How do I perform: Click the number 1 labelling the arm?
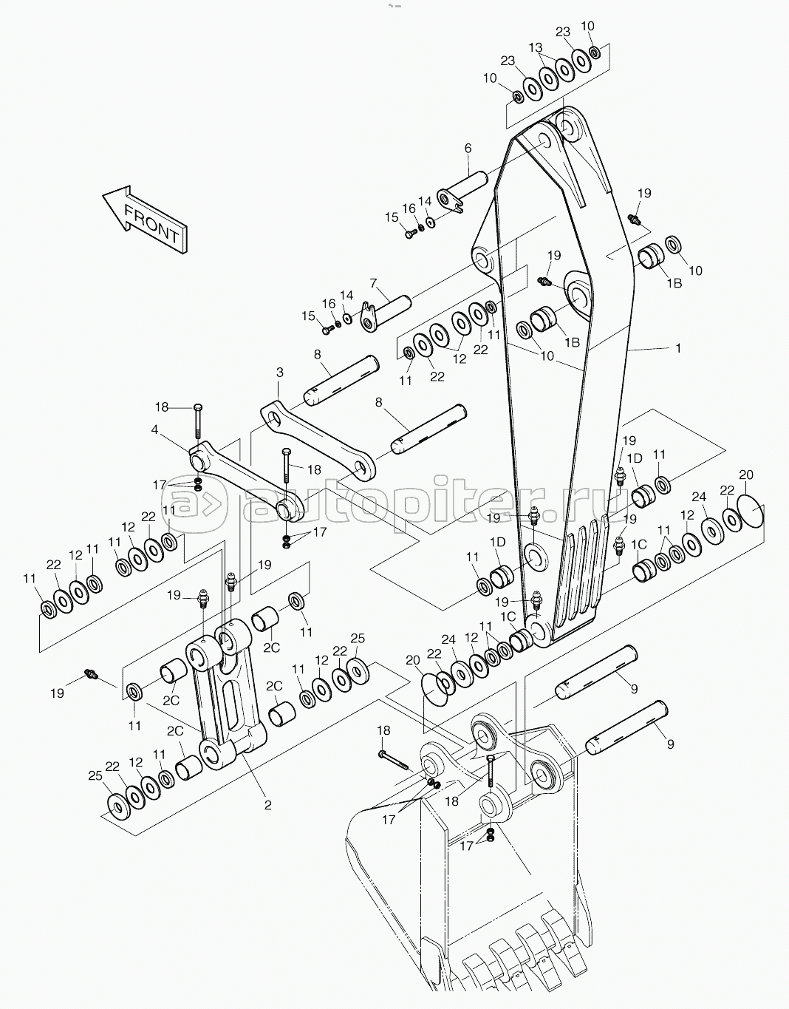pos(679,347)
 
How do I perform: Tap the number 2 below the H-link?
pos(267,805)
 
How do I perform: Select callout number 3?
pos(280,372)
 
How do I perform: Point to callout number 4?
pos(154,429)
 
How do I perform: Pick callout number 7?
pos(374,283)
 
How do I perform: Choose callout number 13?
pos(536,47)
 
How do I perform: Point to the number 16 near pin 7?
pos(329,304)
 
